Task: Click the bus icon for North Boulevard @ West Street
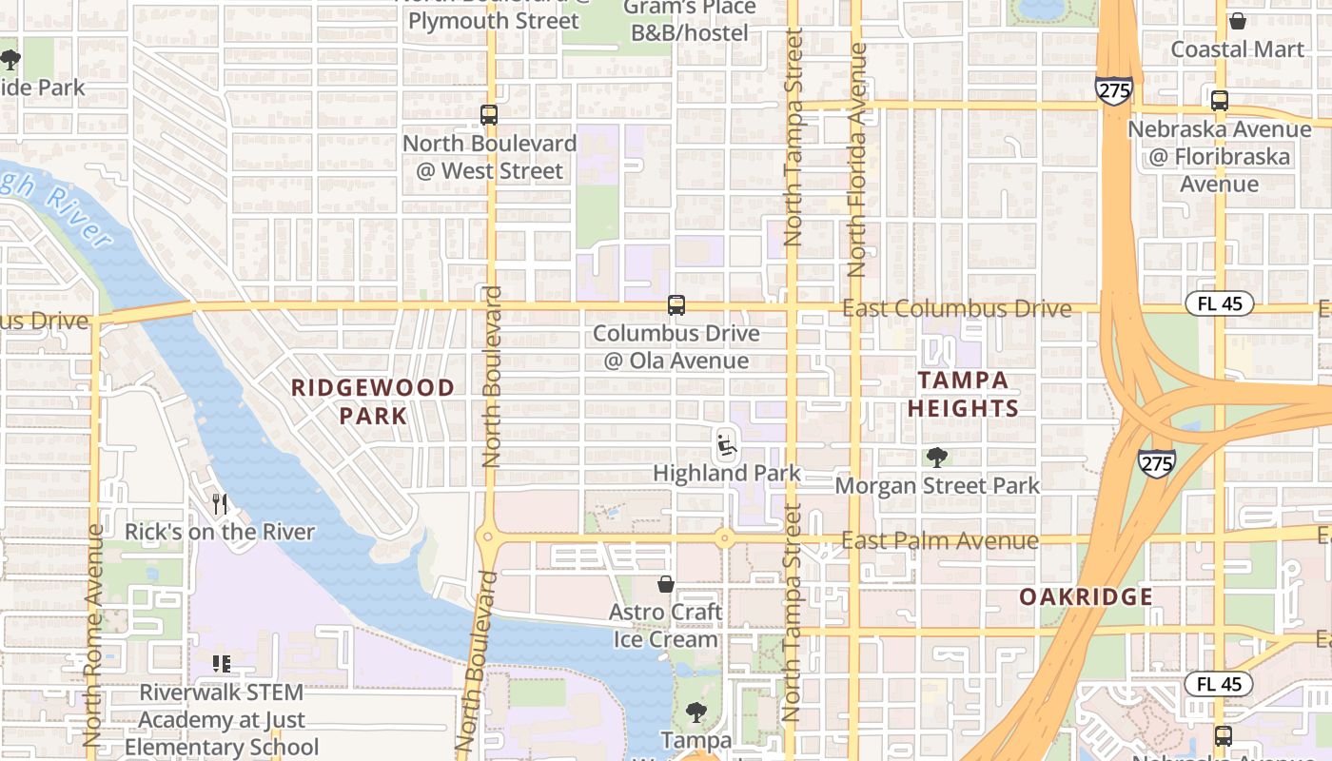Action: tap(489, 115)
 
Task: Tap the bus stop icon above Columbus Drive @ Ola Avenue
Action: tap(676, 305)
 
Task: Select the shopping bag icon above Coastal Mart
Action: tap(1238, 21)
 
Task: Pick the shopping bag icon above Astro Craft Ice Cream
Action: tap(666, 583)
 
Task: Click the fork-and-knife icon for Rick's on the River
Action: tap(220, 503)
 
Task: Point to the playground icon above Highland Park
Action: tap(727, 443)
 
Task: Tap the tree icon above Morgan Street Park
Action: tap(937, 458)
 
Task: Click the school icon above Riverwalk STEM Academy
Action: tap(222, 663)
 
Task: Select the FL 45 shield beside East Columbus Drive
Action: tap(1219, 304)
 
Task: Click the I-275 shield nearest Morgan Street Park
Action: tap(1156, 463)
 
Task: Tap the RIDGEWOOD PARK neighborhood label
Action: tap(373, 401)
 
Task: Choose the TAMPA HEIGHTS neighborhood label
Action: tap(963, 394)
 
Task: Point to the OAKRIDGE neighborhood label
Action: tap(1087, 597)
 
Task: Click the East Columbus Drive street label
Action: tap(956, 309)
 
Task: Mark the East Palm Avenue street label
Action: tap(939, 541)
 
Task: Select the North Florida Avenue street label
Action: tap(857, 160)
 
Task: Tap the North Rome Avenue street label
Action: tap(92, 635)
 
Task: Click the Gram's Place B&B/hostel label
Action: tap(690, 19)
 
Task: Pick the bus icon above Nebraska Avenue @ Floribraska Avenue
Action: tap(1220, 100)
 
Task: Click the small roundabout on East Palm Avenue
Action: tap(724, 538)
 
